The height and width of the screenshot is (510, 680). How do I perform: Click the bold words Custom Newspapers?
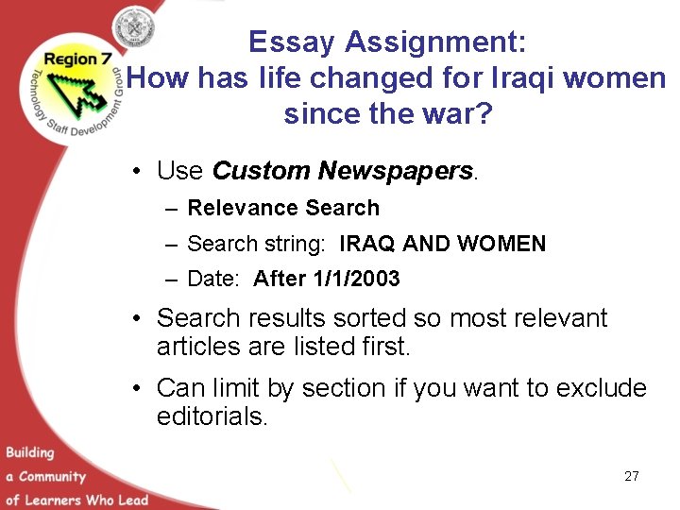point(342,171)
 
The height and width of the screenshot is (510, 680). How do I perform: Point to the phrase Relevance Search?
point(283,208)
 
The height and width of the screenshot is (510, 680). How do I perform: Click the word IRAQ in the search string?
point(367,244)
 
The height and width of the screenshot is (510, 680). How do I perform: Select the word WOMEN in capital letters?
point(501,244)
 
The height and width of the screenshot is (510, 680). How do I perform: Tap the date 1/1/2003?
point(358,279)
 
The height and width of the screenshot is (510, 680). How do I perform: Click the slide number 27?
point(632,476)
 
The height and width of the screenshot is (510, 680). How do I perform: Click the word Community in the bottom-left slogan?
point(52,477)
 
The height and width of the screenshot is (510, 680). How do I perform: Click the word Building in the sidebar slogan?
point(30,453)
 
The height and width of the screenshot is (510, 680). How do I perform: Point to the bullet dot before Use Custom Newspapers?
point(138,172)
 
